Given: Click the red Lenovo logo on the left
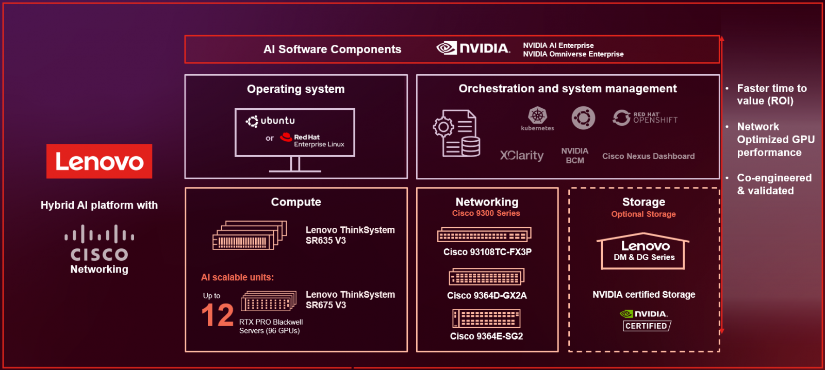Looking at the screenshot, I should click(99, 161).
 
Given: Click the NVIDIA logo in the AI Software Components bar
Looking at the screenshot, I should click(473, 48).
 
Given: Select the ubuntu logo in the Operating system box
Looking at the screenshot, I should click(271, 121).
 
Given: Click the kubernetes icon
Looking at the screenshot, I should click(537, 118).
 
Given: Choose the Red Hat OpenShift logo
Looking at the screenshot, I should click(645, 118).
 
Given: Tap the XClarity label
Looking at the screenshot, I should click(522, 156).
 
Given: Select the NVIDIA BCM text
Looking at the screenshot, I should click(574, 156).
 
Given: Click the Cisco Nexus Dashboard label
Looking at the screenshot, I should click(648, 156).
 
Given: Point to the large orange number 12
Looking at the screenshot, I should click(217, 315).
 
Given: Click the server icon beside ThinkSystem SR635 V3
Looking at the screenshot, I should click(250, 236).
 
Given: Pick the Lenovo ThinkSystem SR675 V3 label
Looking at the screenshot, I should click(350, 299).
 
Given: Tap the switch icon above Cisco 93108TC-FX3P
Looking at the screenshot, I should click(484, 235).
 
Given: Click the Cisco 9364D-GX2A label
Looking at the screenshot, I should click(487, 295).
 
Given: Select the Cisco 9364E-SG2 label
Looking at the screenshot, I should click(486, 336).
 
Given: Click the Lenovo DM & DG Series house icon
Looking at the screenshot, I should click(643, 251).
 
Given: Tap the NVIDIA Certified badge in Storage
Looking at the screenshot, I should click(645, 320).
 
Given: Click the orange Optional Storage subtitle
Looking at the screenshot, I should click(643, 214).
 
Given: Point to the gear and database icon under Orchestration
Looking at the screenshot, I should click(457, 133).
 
